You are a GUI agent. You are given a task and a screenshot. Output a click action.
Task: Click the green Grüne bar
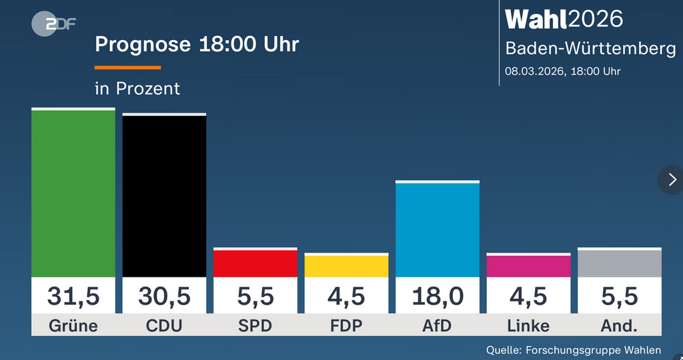[73, 193]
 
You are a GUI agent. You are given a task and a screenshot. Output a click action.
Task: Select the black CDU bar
[164, 196]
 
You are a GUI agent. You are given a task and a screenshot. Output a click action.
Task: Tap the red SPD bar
[255, 264]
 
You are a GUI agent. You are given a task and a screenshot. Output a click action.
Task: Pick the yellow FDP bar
[346, 266]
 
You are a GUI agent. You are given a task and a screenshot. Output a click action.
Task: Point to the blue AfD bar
[438, 230]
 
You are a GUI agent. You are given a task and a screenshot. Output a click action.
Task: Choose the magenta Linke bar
[528, 266]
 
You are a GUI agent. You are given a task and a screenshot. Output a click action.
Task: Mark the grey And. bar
[620, 264]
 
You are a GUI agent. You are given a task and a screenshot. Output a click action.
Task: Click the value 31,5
[73, 296]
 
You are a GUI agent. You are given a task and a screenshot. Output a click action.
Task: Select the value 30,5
[164, 296]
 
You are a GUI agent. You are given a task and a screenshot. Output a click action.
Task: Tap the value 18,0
[438, 296]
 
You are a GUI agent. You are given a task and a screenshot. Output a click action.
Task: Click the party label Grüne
[73, 326]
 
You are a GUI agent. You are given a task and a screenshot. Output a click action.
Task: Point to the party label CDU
[164, 326]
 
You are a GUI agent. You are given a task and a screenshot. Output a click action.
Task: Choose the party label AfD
[438, 326]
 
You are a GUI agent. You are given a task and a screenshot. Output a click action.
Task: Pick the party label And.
[620, 326]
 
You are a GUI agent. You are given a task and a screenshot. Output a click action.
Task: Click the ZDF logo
[54, 24]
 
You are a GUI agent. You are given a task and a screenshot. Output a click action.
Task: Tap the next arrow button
[671, 179]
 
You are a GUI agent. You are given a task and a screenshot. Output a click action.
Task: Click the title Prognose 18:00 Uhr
[197, 45]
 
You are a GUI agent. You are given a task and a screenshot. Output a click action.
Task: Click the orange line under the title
[128, 67]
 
